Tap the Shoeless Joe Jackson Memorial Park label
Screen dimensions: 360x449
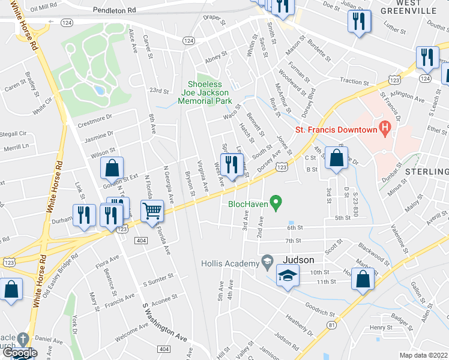[208, 92]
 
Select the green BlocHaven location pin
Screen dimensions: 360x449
[276, 203]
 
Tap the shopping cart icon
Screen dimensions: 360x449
[152, 211]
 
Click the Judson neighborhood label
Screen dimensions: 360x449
[298, 260]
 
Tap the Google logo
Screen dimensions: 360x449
[20, 352]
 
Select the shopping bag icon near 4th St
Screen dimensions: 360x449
[337, 158]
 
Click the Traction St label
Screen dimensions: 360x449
[354, 81]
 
